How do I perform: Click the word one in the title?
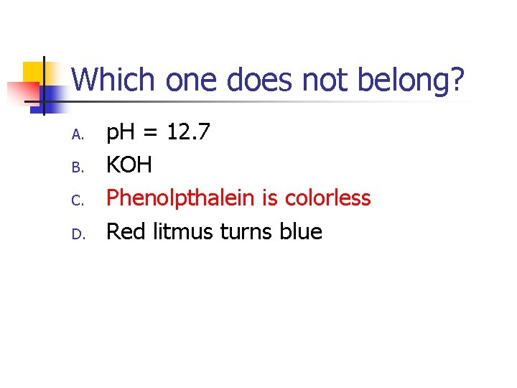(x=193, y=80)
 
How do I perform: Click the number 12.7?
(x=188, y=132)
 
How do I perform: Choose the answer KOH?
(x=129, y=165)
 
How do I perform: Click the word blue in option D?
(x=301, y=231)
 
